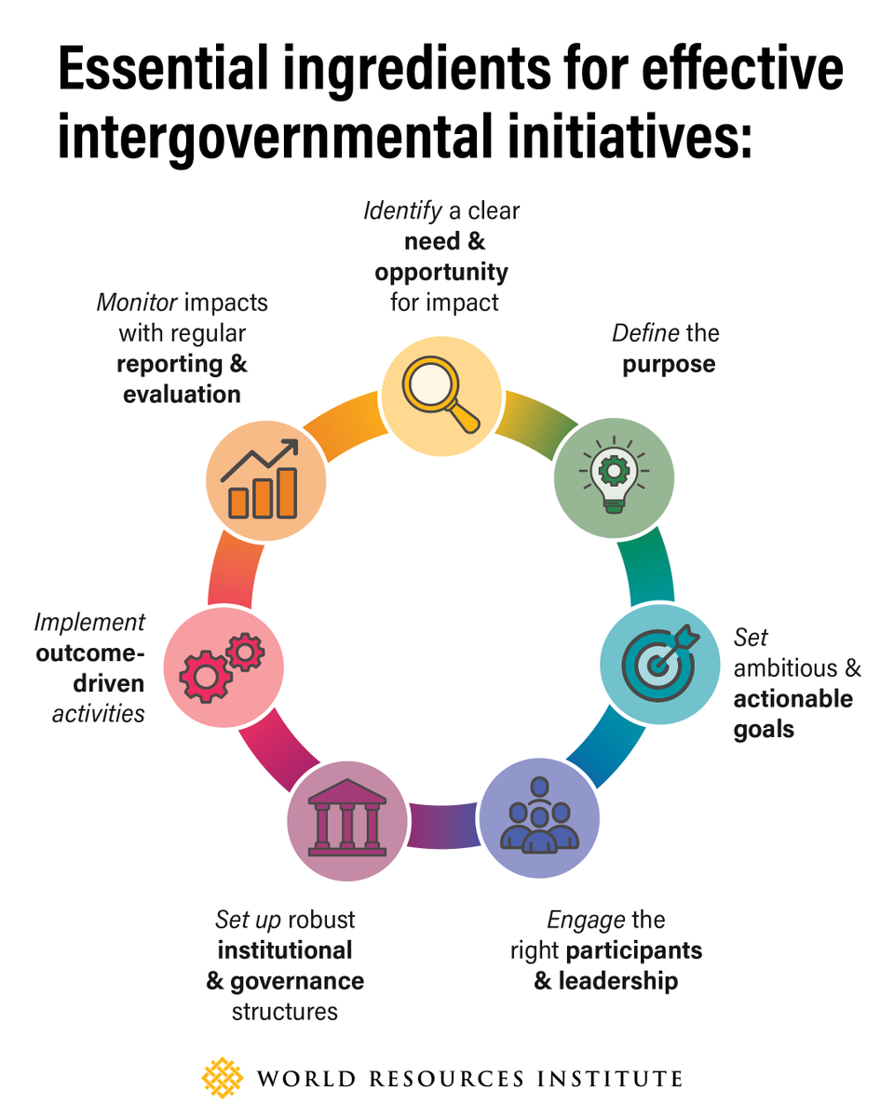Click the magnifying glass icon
coord(440,395)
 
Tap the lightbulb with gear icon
coord(614,474)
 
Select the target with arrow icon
coord(660,663)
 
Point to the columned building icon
coord(347,817)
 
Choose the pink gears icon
coord(223,667)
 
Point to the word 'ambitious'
coord(785,668)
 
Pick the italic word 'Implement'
coord(89,623)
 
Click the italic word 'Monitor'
coord(137,303)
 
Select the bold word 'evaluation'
coord(182,395)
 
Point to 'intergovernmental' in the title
coord(275,137)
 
